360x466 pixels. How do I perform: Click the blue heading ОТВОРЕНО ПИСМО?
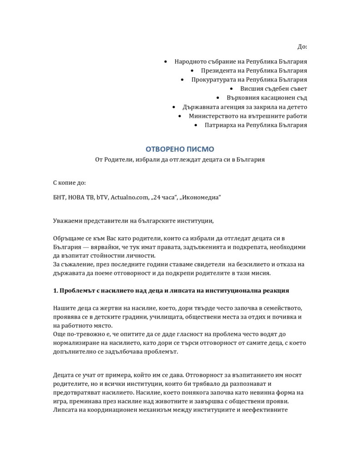tap(179, 149)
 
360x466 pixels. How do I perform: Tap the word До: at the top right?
tap(302, 46)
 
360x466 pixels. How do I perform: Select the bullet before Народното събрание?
tap(166, 61)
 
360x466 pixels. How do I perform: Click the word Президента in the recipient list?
tap(216, 71)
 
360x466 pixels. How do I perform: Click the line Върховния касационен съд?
tap(267, 98)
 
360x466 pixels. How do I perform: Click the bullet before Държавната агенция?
tap(174, 107)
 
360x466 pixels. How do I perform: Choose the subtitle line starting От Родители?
tap(179, 160)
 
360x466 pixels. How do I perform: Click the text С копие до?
tap(69, 183)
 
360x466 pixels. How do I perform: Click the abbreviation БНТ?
tap(59, 197)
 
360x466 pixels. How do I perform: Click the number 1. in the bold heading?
tap(56, 290)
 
